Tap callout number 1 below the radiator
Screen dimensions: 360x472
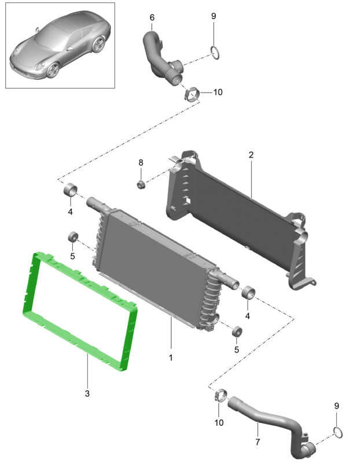click(171, 357)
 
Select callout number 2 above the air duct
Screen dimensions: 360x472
click(251, 154)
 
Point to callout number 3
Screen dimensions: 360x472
click(87, 393)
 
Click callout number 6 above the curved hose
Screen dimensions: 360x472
click(152, 17)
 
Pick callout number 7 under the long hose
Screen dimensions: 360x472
click(258, 442)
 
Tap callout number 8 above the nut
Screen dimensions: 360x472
click(141, 163)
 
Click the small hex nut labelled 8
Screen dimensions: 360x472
click(141, 184)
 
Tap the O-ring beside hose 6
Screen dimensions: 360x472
click(215, 53)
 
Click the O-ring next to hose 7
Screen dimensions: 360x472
click(338, 433)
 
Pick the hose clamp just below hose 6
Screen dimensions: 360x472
click(192, 94)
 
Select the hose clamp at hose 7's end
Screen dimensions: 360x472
click(221, 395)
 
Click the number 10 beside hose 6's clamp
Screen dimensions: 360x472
click(218, 92)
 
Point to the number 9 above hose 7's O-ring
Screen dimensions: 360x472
click(336, 406)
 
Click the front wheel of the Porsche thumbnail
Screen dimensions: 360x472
click(53, 71)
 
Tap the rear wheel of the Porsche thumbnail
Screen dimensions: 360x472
click(98, 45)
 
